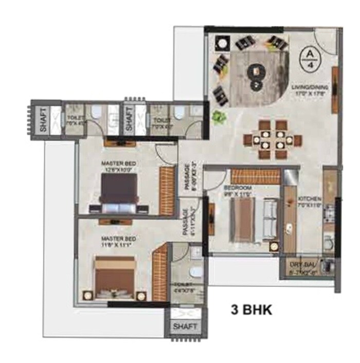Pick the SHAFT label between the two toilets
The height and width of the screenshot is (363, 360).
point(129,119)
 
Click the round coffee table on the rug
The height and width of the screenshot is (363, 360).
point(255,74)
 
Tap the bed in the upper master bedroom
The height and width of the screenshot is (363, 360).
point(119,193)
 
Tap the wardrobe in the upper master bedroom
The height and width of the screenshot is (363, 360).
point(165,184)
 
